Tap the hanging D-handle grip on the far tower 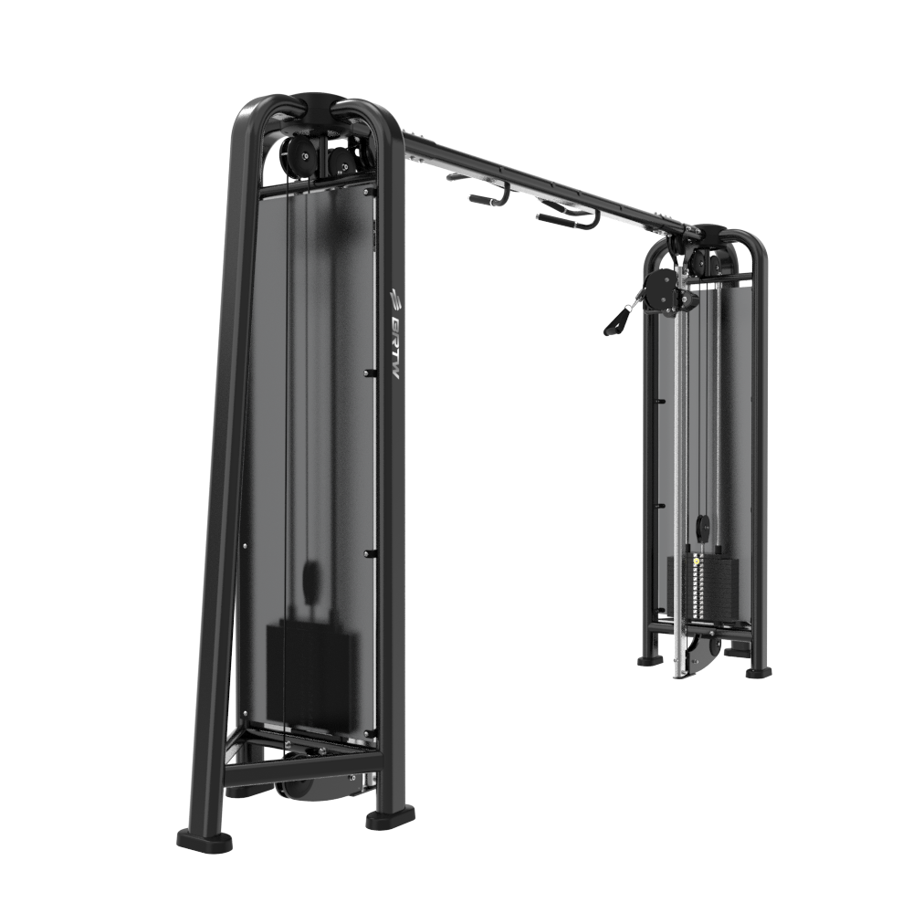pyautogui.click(x=614, y=320)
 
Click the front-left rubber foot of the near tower pyautogui.click(x=204, y=840)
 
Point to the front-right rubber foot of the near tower pyautogui.click(x=391, y=816)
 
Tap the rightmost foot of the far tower pyautogui.click(x=758, y=671)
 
